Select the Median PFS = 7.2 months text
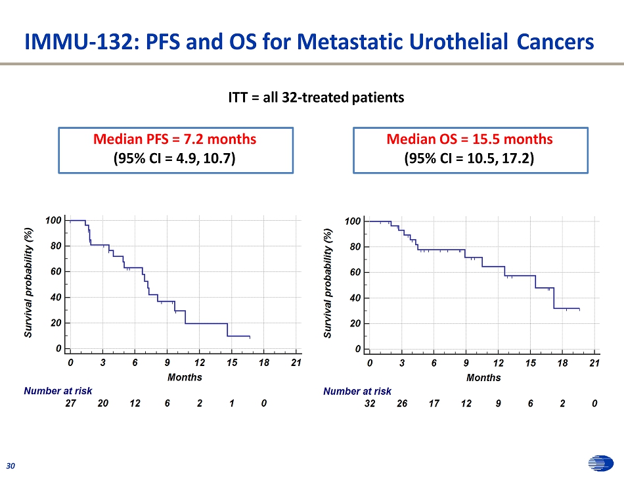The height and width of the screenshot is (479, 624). pos(175,139)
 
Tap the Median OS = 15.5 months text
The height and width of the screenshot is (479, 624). pos(470,139)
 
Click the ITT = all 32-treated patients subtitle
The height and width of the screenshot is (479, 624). pos(316,98)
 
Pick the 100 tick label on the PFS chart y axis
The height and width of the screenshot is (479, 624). pos(54,220)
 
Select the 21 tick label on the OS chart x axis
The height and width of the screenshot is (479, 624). pos(594,363)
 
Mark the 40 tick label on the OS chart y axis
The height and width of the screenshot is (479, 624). pos(353,298)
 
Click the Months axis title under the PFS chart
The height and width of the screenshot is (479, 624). pos(185,377)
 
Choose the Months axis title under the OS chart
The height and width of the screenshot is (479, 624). pos(483,378)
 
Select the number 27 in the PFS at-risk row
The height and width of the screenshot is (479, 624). pos(71,404)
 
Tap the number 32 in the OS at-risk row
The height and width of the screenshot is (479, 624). pos(370,404)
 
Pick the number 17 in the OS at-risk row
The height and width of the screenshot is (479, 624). pos(434,404)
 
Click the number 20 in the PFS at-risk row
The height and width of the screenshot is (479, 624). pos(103,404)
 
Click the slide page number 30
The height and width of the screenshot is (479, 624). pos(11,466)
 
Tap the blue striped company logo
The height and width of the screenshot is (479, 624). pos(600,464)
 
